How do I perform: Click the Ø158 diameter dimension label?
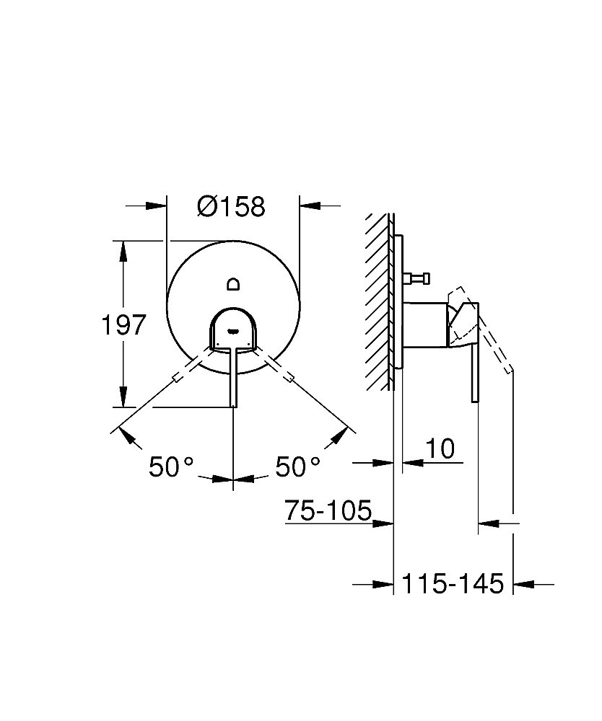231,207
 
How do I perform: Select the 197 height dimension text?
122,324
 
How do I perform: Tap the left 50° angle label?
172,467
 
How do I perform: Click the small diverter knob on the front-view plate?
233,283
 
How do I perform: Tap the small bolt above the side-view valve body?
419,277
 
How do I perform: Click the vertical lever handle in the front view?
232,379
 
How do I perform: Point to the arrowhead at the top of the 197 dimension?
123,250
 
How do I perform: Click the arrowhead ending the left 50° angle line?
122,434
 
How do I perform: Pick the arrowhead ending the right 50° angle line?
345,434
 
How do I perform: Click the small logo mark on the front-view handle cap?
232,332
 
